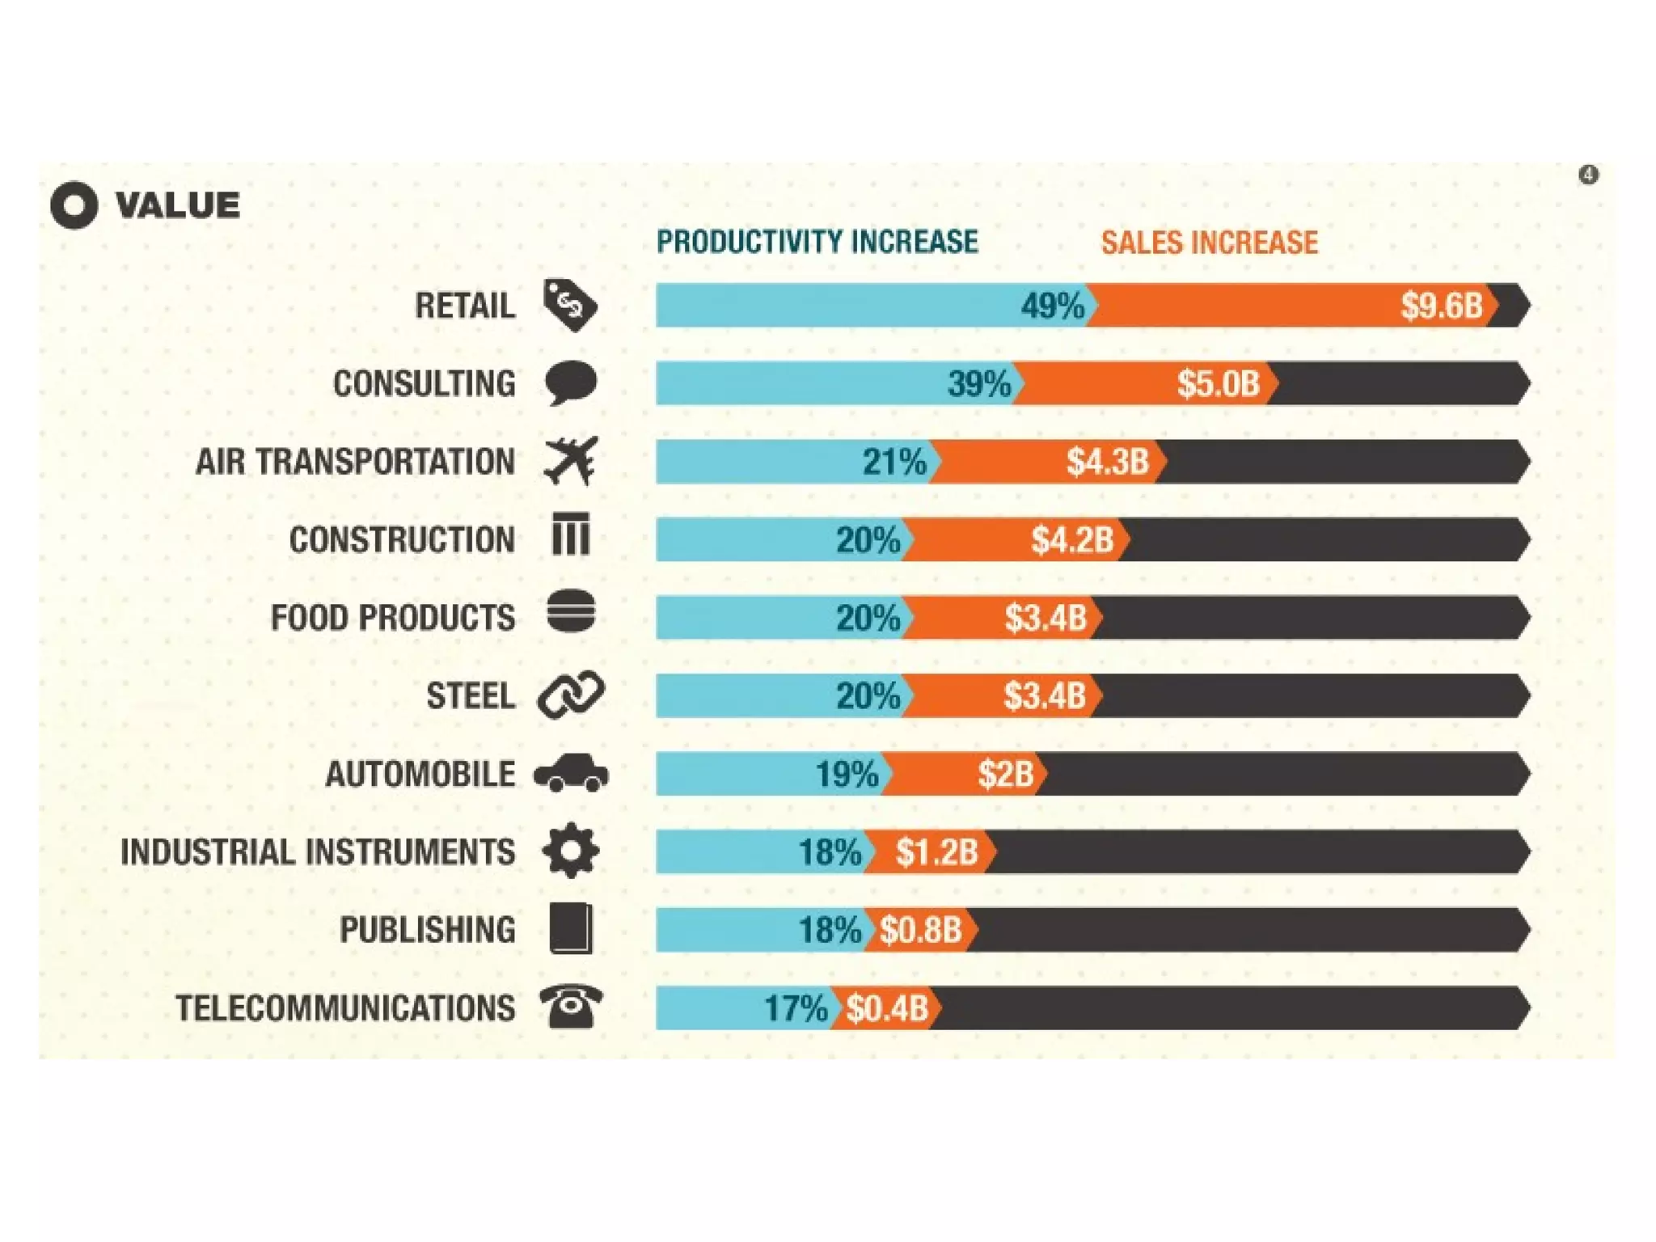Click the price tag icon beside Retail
(570, 306)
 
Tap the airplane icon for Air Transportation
(571, 461)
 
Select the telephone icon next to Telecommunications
(571, 1007)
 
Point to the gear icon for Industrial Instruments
(571, 850)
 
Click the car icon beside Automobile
(571, 773)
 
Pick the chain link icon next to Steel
(571, 695)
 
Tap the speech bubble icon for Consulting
(571, 382)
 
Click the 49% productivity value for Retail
(1052, 306)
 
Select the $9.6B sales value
(1442, 306)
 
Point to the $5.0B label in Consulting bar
(1218, 383)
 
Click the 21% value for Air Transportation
(893, 462)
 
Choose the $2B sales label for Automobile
(1005, 774)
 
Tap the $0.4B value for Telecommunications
(887, 1008)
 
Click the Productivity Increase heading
(817, 242)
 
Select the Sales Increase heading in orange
(1209, 243)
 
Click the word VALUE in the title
(178, 205)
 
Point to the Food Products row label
(392, 618)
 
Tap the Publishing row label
(427, 930)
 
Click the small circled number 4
(1588, 175)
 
